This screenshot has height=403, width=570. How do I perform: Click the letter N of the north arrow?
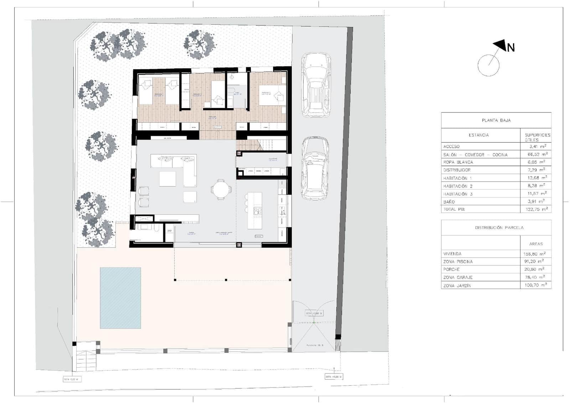point(511,47)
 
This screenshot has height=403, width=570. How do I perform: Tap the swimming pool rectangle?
point(120,298)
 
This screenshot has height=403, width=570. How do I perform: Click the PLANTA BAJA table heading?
point(496,121)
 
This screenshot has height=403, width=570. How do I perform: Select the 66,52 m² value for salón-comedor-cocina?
point(537,154)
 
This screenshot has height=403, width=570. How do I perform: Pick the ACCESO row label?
point(451,147)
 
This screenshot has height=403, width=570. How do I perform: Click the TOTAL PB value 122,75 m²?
point(537,209)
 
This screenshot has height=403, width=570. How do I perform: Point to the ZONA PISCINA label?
point(458,261)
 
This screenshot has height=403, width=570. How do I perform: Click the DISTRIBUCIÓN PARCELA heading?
point(499,228)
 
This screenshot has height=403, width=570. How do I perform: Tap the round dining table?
point(221,189)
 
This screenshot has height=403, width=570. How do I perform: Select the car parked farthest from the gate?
point(316,85)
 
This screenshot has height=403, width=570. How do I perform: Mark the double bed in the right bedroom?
point(271,95)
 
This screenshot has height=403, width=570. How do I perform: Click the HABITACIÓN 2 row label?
point(457,186)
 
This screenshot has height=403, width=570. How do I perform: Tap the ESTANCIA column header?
point(478,135)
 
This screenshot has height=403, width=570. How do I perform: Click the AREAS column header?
point(535,244)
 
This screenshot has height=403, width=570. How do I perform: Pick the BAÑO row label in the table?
point(449,202)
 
